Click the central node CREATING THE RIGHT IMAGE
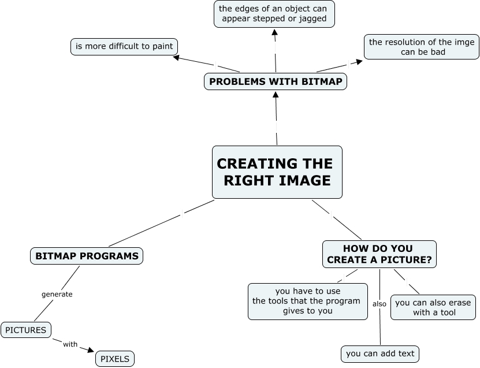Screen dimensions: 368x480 click(277, 172)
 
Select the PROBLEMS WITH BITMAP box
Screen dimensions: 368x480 click(276, 81)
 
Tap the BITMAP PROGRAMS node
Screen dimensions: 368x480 click(87, 255)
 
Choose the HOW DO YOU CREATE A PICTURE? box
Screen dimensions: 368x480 click(379, 254)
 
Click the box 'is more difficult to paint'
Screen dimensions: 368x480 click(124, 46)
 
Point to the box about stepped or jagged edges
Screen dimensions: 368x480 click(274, 14)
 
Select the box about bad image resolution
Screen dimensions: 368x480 click(422, 47)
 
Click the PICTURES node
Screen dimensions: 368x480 click(26, 330)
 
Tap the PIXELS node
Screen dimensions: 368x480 click(114, 358)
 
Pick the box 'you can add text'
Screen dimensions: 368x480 click(379, 354)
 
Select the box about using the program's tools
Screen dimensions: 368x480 click(307, 300)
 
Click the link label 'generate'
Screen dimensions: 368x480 click(57, 294)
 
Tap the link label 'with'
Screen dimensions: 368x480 click(70, 344)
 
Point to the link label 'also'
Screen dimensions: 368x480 click(379, 304)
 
